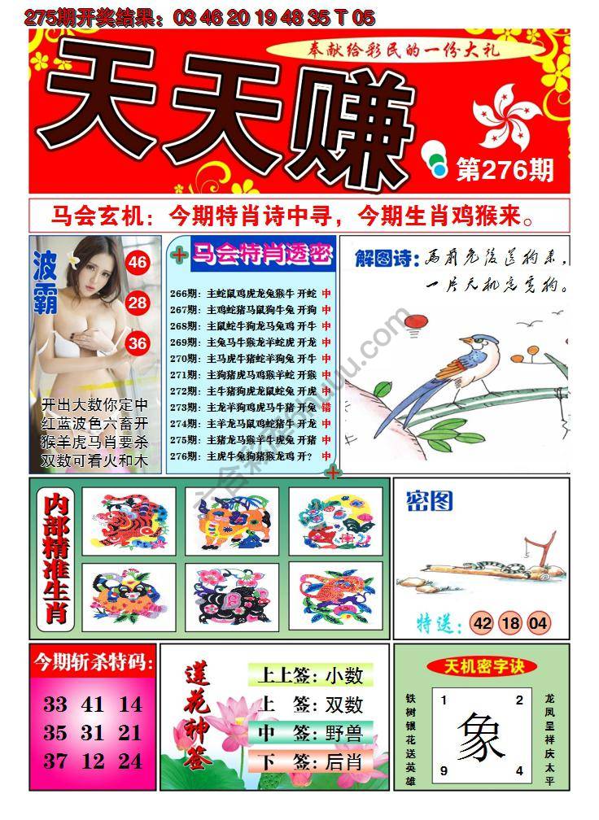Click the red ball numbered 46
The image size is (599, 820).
138,262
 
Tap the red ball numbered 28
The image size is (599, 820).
138,303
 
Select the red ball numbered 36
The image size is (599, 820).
138,343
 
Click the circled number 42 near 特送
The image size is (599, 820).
482,623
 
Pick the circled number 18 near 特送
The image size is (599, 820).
510,623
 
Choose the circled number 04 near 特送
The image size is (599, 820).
538,623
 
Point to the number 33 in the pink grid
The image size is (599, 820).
55,704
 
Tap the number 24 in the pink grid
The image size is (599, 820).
130,761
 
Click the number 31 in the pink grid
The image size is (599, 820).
93,733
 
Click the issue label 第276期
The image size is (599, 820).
505,170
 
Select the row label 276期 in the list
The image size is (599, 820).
186,456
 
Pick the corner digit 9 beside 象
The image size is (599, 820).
444,770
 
